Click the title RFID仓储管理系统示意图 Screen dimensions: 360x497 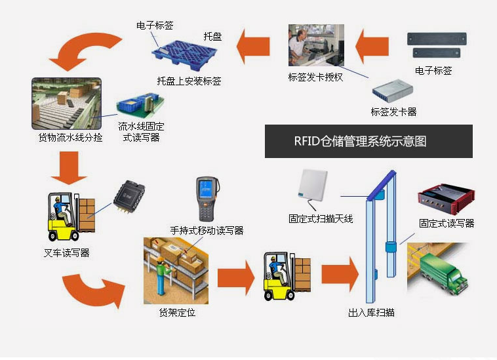click(369, 141)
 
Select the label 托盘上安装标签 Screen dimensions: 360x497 click(189, 81)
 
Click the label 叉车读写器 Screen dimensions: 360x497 click(67, 252)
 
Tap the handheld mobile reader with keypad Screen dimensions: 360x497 click(207, 199)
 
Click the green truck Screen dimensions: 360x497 click(444, 275)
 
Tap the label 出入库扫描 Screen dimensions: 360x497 click(371, 313)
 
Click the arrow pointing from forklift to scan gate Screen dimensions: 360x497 click(339, 274)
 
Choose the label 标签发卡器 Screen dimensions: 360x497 click(393, 112)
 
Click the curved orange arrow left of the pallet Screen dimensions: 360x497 click(85, 49)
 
